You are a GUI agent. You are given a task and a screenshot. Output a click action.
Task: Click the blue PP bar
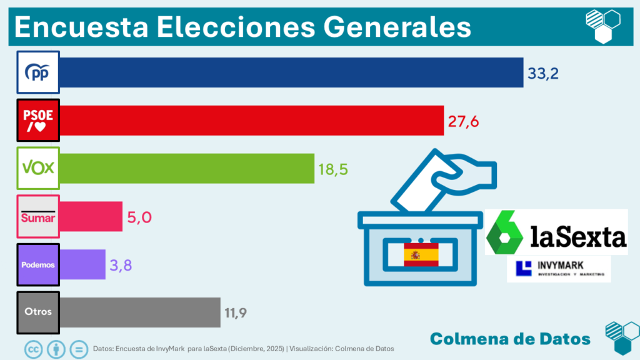[291, 72]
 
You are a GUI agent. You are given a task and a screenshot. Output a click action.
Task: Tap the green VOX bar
[187, 168]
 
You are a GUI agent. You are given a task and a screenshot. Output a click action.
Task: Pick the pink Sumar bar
[91, 216]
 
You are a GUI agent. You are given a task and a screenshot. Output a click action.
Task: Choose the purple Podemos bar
[82, 264]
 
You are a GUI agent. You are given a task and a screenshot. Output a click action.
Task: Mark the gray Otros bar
[140, 312]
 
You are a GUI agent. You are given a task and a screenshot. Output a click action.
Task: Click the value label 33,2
[542, 73]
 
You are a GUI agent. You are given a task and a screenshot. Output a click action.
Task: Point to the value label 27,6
[463, 121]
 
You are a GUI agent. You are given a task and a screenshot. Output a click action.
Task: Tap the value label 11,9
[235, 312]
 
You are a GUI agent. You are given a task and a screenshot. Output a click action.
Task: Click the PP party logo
[37, 72]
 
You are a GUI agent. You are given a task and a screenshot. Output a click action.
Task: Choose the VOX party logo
[37, 168]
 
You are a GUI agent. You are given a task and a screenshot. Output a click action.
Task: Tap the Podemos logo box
[37, 264]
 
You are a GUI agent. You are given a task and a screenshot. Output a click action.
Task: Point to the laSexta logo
[556, 232]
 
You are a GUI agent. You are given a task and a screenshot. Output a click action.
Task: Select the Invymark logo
[559, 269]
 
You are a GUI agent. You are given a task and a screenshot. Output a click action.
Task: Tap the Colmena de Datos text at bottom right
[510, 339]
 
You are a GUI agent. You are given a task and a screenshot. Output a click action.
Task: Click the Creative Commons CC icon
[33, 348]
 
